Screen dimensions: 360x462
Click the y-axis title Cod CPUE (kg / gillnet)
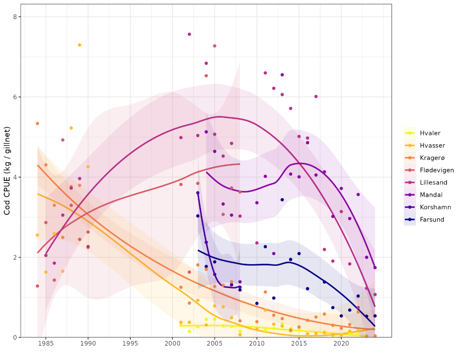pos(7,172)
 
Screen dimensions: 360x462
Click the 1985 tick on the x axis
pos(46,344)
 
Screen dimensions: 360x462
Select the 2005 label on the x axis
pos(214,344)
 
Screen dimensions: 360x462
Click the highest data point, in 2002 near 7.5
pos(189,34)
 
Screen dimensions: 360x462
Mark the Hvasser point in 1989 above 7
pos(80,45)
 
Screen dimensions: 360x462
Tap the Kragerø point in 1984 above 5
pos(37,123)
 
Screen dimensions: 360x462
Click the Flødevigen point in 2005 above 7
pos(214,46)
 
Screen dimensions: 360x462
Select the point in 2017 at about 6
pos(316,96)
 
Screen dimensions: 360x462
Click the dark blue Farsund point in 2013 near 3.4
pos(282,200)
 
